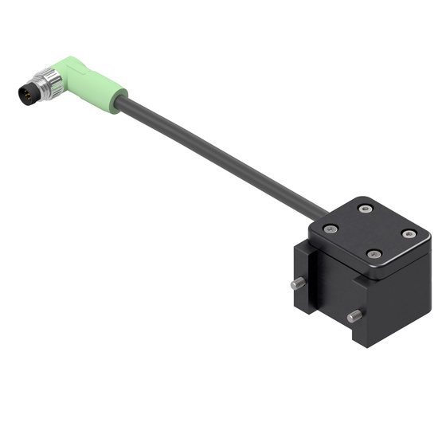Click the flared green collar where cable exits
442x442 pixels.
[119, 102]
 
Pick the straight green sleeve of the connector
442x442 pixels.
[100, 86]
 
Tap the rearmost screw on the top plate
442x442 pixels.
[366, 209]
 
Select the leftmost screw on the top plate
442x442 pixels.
[330, 228]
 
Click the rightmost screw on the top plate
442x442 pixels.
[409, 234]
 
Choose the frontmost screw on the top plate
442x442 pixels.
[374, 254]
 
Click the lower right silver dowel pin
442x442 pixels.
[354, 317]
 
